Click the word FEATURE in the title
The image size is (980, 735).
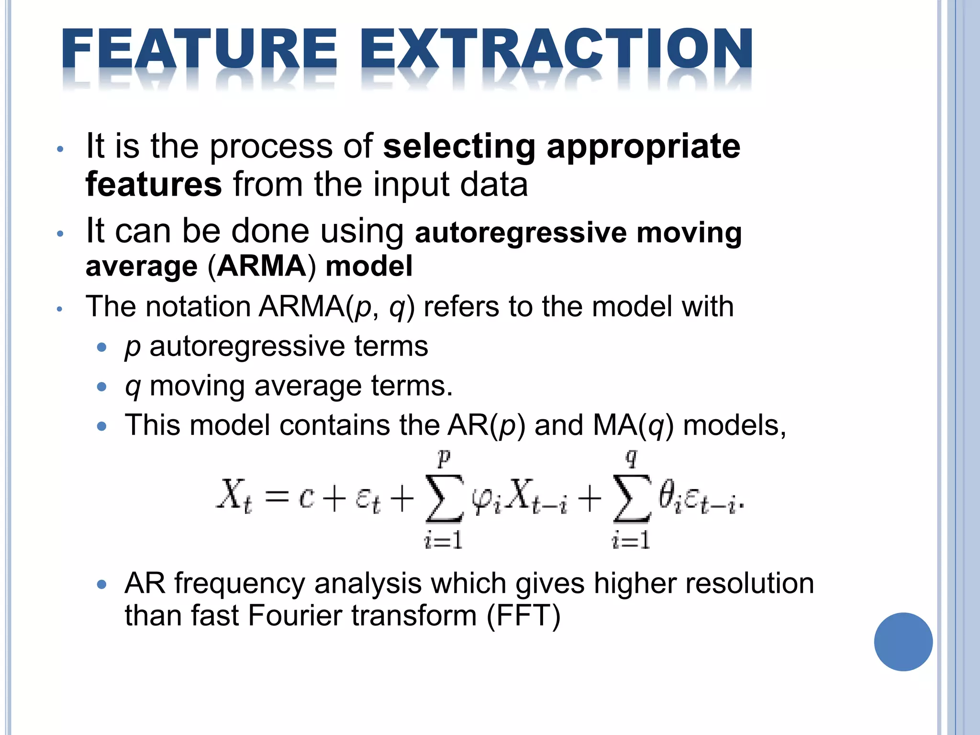(x=200, y=50)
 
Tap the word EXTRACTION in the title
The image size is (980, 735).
(x=556, y=50)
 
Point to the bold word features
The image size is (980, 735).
(x=154, y=184)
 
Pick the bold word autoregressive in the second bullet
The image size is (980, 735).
(x=521, y=233)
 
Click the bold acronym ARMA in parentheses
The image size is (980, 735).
(x=261, y=266)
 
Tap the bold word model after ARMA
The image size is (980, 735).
(x=369, y=266)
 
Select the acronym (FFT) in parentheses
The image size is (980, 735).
(x=523, y=615)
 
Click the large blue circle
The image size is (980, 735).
(x=903, y=642)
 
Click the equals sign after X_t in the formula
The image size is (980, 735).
(x=277, y=497)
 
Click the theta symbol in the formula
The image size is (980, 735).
(x=666, y=495)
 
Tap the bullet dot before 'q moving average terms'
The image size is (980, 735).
(x=101, y=387)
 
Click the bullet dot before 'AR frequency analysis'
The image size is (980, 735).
(x=101, y=584)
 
